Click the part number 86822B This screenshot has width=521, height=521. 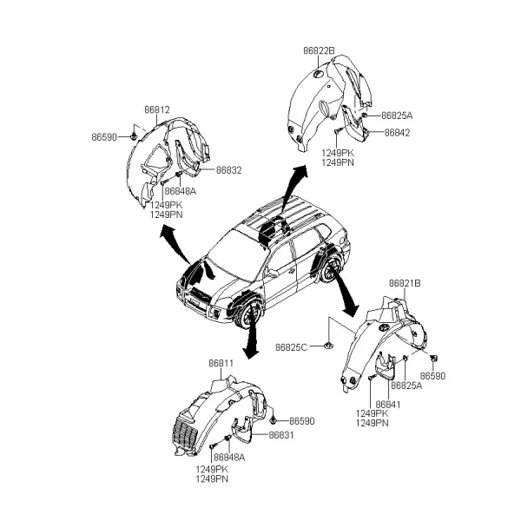pos(319,51)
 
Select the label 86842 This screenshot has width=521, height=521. pos(397,133)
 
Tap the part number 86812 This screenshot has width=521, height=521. pos(157,109)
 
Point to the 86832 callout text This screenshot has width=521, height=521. pos(228,170)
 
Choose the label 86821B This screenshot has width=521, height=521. pos(405,283)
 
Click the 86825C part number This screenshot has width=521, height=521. pos(292,347)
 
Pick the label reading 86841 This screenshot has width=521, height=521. pos(388,405)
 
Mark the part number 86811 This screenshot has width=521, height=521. pos(221,364)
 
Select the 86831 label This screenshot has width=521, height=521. pos(281,435)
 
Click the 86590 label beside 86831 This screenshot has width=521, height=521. pos(301,421)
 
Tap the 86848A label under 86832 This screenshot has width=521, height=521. pos(180,191)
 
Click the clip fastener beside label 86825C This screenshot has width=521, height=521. pos(328,346)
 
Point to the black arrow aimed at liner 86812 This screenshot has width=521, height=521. pos(175,244)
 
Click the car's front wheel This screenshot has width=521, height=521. pos(249,316)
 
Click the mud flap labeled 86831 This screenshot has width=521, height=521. pos(242,429)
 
